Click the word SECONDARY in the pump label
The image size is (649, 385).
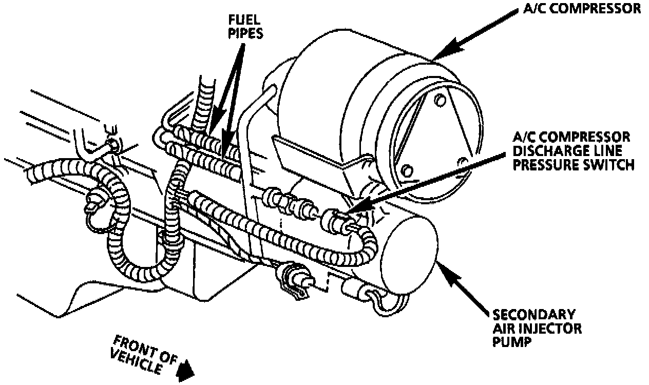point(534,314)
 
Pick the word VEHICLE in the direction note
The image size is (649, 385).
point(136,359)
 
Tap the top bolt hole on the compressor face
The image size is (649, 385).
point(440,100)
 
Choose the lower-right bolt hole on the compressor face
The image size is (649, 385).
point(464,162)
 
